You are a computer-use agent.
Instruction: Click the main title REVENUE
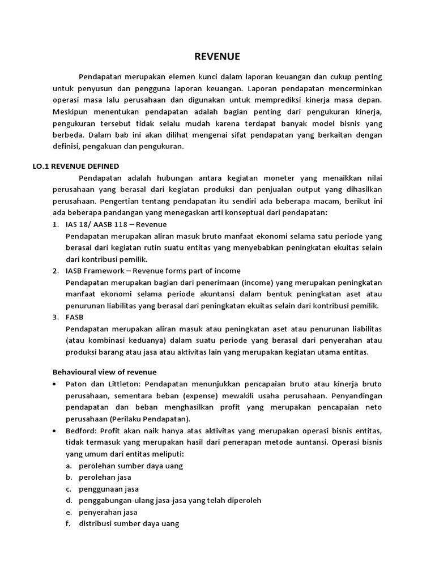[x=217, y=56]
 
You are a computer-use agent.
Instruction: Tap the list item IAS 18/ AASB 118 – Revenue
[x=116, y=224]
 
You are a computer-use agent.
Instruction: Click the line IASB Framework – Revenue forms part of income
[x=153, y=270]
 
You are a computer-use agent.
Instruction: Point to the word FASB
[x=75, y=317]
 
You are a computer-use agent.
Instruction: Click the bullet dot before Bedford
[x=54, y=431]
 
